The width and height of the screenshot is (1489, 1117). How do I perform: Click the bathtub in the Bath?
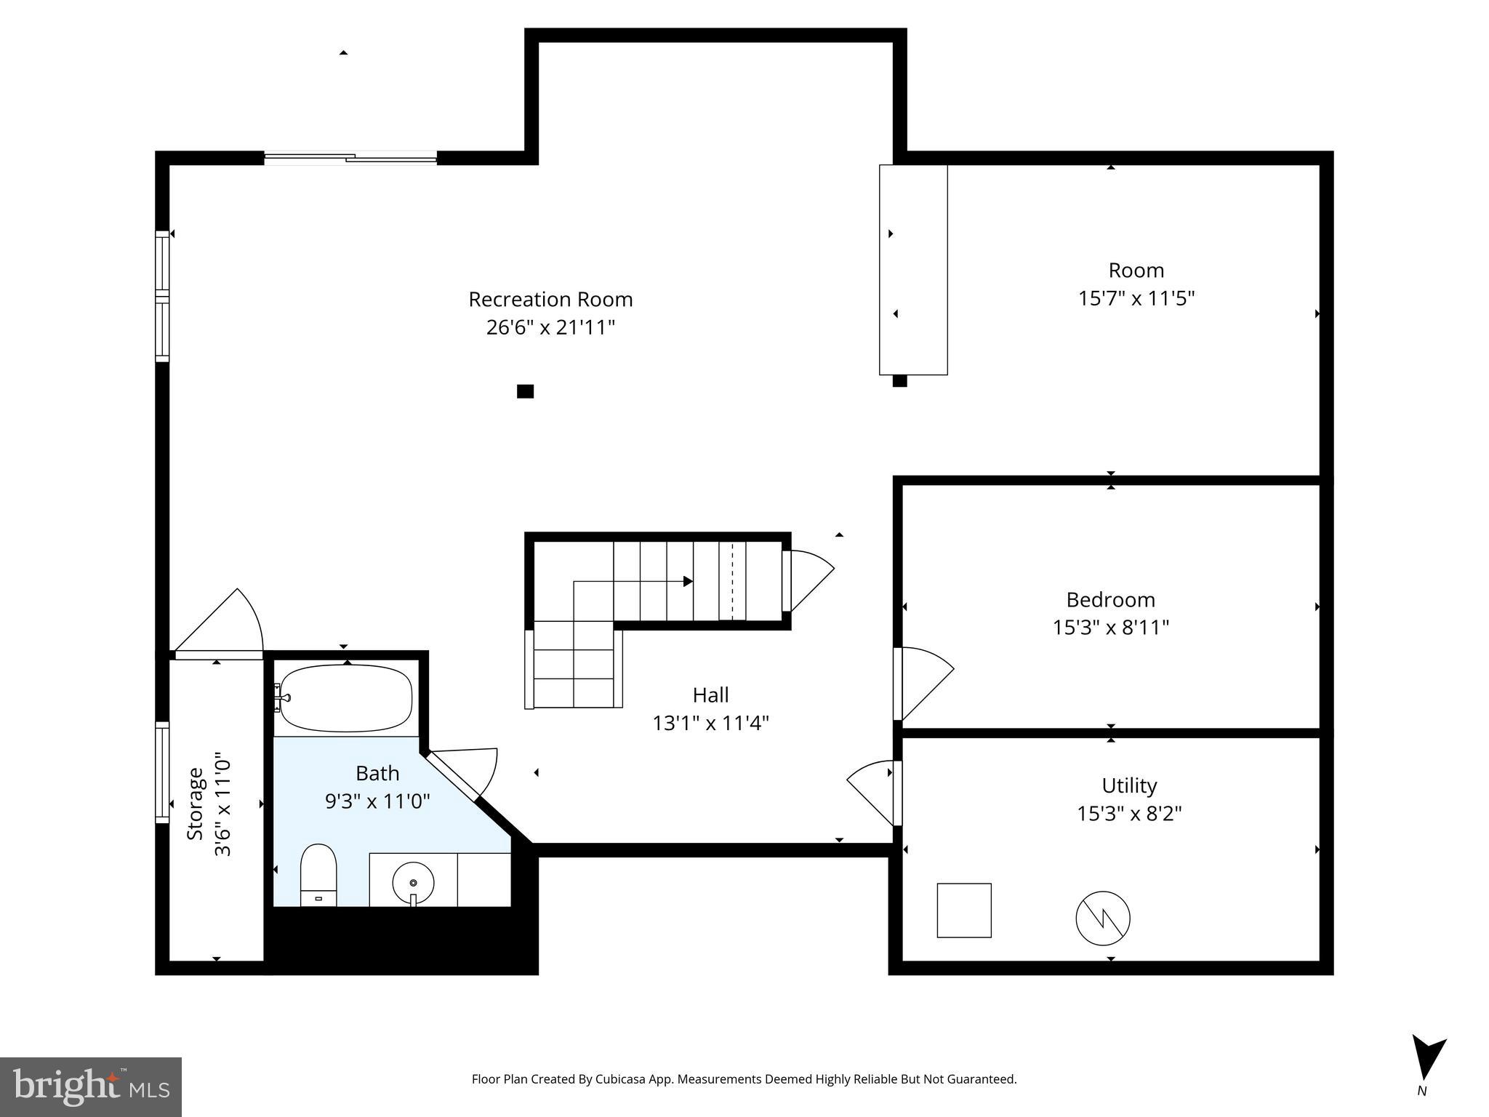tap(346, 698)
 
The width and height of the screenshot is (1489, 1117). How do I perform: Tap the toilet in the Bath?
tap(318, 875)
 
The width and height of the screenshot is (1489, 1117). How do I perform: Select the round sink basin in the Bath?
tap(413, 883)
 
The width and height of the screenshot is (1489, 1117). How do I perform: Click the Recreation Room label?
tap(550, 299)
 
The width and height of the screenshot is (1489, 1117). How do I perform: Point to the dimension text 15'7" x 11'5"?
tap(1136, 298)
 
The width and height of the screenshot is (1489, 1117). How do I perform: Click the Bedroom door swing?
tap(923, 681)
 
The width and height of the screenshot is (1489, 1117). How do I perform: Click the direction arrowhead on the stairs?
tap(688, 581)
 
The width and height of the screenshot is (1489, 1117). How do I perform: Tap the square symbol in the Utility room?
tap(963, 910)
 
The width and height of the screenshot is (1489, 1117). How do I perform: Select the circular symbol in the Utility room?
tap(1102, 918)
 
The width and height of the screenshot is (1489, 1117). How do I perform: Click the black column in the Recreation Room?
tap(525, 391)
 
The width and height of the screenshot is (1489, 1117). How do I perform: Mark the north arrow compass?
tap(1426, 1060)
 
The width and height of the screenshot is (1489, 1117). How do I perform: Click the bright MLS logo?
tap(91, 1086)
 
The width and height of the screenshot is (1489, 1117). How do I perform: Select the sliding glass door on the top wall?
tap(350, 157)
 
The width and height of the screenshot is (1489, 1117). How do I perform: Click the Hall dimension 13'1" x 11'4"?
tap(710, 723)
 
